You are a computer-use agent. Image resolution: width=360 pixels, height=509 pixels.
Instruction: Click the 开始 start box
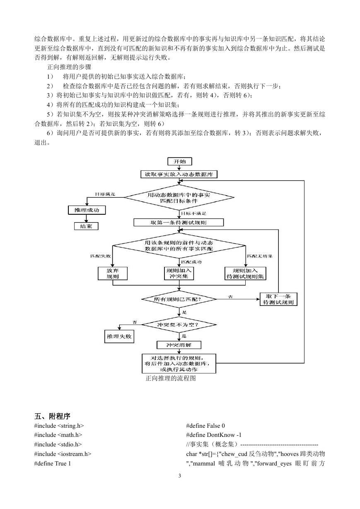(x=180, y=161)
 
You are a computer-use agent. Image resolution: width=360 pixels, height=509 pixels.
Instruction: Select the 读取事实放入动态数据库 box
(x=179, y=174)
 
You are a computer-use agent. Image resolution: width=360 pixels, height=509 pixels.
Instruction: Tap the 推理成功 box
(x=87, y=210)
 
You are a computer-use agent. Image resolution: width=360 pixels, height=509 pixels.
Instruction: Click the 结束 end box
(x=86, y=226)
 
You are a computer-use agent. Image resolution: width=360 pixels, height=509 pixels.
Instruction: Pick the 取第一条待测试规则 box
(x=179, y=223)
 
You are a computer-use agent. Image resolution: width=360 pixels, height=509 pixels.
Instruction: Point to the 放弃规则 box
(x=113, y=274)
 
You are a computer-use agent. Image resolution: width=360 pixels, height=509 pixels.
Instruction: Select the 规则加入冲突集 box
(x=179, y=274)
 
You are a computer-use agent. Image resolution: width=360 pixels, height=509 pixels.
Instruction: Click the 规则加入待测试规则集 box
(x=245, y=274)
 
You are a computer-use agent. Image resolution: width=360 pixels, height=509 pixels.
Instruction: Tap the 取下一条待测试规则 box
(x=278, y=299)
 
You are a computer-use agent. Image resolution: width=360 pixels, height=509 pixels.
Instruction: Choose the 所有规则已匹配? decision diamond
(x=179, y=299)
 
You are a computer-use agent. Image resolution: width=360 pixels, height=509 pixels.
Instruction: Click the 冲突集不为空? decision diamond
(x=179, y=325)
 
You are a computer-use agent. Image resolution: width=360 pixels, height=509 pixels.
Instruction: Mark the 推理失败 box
(x=119, y=336)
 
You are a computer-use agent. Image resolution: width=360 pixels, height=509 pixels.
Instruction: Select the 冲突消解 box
(x=179, y=345)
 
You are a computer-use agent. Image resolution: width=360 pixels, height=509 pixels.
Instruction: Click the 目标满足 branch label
(x=105, y=194)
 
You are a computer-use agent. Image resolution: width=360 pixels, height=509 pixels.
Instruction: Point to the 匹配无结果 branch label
(x=260, y=256)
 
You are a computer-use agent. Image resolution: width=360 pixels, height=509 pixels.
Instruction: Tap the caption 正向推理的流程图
(x=171, y=378)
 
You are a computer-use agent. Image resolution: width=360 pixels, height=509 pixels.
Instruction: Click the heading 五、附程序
(x=52, y=416)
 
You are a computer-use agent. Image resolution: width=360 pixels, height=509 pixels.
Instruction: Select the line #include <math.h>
(x=58, y=435)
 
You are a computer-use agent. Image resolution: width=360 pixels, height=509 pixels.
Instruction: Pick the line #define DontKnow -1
(x=214, y=435)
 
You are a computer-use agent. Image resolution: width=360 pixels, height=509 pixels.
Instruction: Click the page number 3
(x=180, y=475)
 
